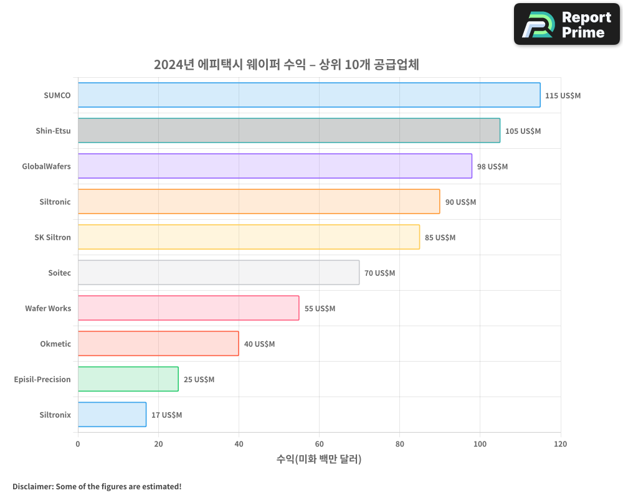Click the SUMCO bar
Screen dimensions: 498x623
[309, 95]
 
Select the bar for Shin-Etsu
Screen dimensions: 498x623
[288, 131]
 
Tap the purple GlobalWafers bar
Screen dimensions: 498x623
[275, 166]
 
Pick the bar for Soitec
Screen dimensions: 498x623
[219, 273]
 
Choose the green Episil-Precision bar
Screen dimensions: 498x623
[128, 379]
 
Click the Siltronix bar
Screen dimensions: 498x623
[112, 415]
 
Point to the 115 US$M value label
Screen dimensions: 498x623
[563, 96]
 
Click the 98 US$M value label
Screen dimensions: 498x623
[492, 167]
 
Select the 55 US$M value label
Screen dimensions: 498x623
[320, 309]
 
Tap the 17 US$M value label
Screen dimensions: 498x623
[166, 415]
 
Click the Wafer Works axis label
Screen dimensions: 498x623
[48, 309]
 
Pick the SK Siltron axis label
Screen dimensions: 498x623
[53, 238]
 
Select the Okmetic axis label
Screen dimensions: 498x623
[55, 344]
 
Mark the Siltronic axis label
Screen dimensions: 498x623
[55, 202]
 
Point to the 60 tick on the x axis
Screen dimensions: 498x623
[319, 444]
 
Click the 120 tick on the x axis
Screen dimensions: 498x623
[560, 444]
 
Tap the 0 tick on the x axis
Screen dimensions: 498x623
[78, 444]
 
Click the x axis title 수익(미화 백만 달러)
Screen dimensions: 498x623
[319, 459]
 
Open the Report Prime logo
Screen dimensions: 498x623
[566, 24]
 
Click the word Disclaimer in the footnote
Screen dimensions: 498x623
[32, 487]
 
